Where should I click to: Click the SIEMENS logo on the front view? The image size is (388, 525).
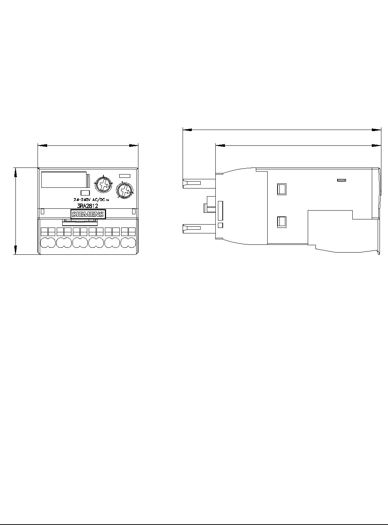(88, 214)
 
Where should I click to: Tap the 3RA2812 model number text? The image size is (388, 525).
(88, 206)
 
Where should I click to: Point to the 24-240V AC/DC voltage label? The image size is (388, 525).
(91, 200)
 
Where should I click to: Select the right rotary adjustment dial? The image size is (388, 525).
(125, 190)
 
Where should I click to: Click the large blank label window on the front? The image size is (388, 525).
(64, 180)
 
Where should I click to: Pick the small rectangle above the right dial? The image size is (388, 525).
(125, 176)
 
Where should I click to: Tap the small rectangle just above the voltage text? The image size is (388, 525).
(85, 193)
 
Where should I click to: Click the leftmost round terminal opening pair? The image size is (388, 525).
(48, 243)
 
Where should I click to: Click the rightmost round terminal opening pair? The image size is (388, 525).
(128, 243)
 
